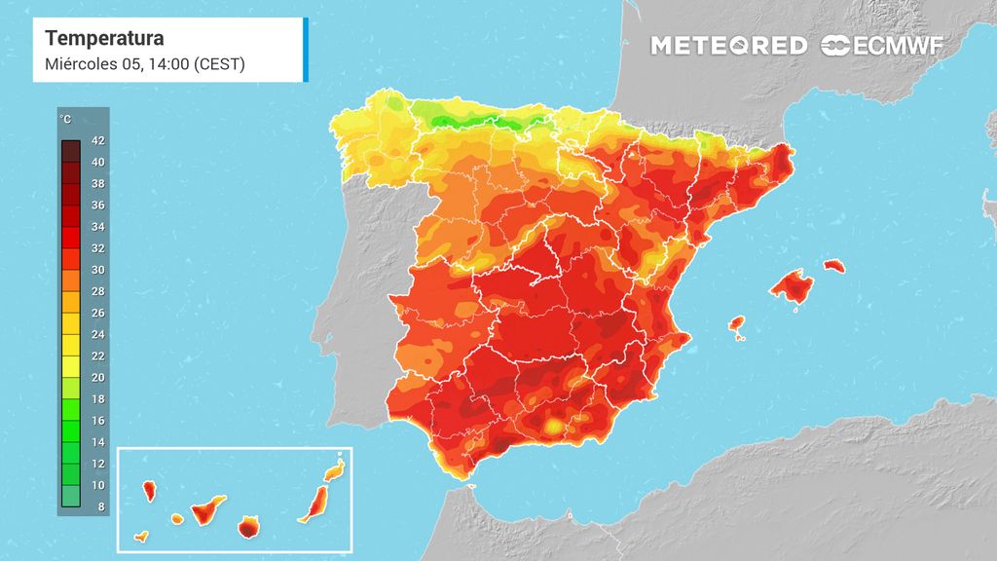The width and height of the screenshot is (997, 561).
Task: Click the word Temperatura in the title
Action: coord(104,38)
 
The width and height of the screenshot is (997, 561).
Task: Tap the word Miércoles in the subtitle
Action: coord(81,64)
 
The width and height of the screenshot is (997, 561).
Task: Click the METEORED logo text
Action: coord(728,46)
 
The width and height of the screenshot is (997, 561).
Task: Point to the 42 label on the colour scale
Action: coord(98,140)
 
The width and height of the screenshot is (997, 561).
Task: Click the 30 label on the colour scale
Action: coord(98,270)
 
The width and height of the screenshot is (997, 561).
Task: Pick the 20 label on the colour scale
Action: coord(98,377)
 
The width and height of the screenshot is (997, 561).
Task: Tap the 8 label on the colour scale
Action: coord(101,506)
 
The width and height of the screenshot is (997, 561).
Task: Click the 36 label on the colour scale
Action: coord(98,205)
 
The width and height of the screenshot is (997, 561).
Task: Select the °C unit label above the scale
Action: coord(65,119)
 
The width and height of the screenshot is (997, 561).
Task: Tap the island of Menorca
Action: coord(834,266)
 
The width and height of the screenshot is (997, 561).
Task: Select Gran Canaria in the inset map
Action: coord(248,527)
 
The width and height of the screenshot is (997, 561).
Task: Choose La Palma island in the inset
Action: coord(149,491)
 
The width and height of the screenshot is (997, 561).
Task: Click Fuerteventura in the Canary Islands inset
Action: coord(314,505)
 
